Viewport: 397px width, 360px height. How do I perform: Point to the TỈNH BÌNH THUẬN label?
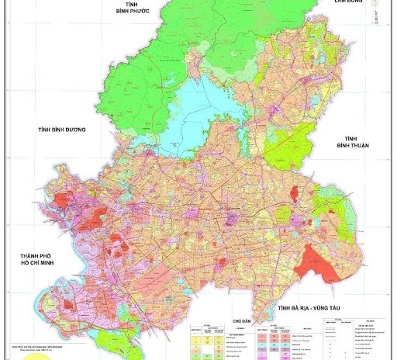[353, 142]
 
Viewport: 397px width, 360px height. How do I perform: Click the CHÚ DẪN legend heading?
[241, 319]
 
